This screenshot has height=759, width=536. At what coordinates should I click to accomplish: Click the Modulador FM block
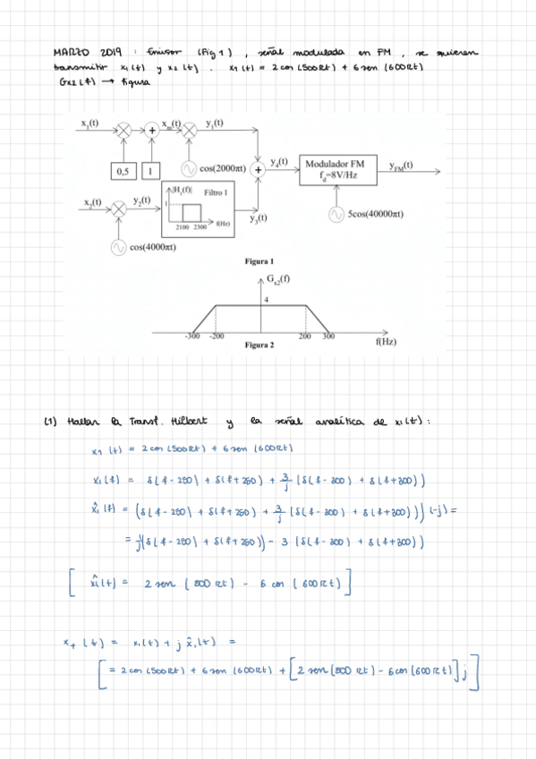tap(335, 169)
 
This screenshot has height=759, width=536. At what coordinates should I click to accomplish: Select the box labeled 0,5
tap(123, 169)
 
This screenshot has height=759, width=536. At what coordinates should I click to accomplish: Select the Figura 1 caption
tap(258, 261)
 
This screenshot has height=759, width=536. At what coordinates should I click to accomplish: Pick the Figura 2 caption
tap(258, 345)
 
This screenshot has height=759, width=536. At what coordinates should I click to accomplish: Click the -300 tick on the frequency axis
tap(191, 336)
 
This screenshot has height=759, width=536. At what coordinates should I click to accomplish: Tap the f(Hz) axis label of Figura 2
tap(385, 342)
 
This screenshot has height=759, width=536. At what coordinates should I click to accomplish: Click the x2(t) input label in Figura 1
tap(90, 201)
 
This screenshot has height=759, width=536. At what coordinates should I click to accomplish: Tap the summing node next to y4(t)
tap(259, 168)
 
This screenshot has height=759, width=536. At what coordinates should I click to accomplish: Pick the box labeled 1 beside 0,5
tap(152, 169)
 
